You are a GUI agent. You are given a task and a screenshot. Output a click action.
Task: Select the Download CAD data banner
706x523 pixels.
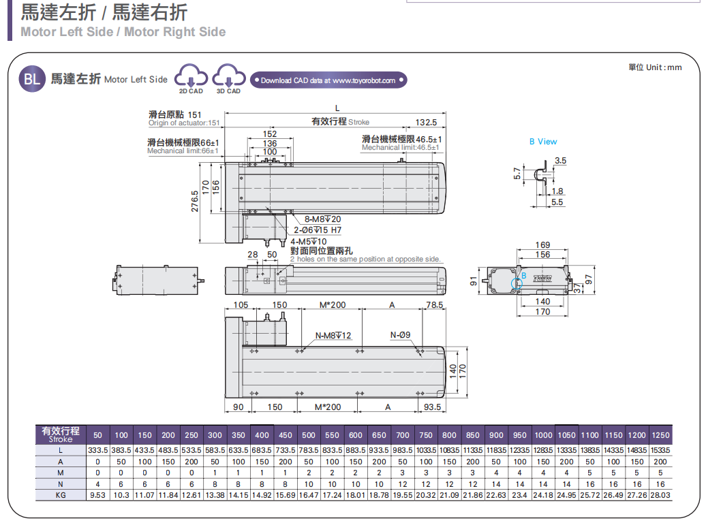(328, 80)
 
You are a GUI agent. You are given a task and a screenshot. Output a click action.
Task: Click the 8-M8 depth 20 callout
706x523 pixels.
(322, 219)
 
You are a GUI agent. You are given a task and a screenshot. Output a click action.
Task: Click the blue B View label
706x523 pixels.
(543, 142)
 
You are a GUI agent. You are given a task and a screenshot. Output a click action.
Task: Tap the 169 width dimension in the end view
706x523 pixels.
(542, 245)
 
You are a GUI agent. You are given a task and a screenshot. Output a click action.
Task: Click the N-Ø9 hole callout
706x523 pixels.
(400, 335)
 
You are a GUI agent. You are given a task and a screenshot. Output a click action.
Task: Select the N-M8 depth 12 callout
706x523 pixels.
(333, 335)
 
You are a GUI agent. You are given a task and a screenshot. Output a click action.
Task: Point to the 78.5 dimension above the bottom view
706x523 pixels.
(434, 305)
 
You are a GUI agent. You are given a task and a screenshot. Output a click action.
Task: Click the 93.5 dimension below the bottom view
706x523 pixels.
(432, 407)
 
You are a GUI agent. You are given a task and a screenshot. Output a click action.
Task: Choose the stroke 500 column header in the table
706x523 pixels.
(309, 435)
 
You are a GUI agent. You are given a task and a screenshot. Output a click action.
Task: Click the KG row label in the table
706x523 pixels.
(61, 495)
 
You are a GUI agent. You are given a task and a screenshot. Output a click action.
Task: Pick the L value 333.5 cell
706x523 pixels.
(97, 450)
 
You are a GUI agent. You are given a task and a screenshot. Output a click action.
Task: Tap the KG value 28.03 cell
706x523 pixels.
(660, 495)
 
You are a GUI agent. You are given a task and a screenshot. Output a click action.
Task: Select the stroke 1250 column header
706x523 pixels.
(660, 435)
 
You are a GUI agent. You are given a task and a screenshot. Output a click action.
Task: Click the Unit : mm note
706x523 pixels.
(654, 67)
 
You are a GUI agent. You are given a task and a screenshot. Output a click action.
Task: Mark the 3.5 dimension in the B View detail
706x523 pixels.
(560, 161)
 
